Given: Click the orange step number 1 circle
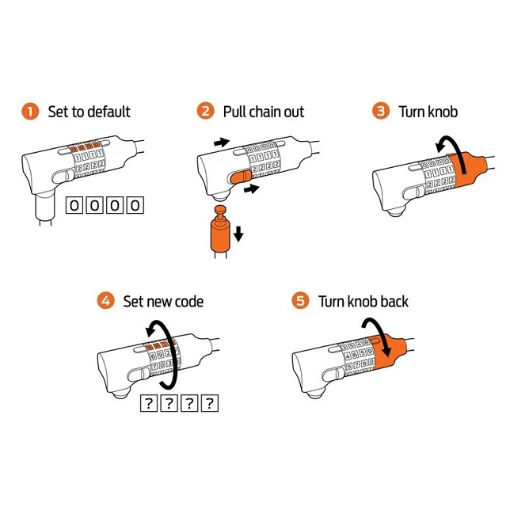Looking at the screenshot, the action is tap(30, 111).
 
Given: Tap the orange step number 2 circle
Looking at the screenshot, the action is tap(206, 111).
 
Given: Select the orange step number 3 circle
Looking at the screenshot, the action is tap(381, 111).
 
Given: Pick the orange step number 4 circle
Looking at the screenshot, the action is tap(105, 301).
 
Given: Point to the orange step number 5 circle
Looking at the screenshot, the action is tap(300, 301).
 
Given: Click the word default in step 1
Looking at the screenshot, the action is tap(108, 112).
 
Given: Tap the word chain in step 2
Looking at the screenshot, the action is tap(261, 112).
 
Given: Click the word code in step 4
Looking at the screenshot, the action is tap(189, 302).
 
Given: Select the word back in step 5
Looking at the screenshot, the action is tap(394, 301).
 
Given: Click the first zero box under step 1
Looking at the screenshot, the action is tap(74, 205).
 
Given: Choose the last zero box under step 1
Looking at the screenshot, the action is tap(135, 205).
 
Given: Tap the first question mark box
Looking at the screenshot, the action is tap(149, 403).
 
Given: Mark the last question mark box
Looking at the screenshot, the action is tap(209, 403).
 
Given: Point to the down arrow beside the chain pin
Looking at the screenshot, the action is tap(238, 234).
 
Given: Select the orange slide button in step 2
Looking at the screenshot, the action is tap(240, 177).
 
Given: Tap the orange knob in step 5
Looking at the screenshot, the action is tap(388, 353).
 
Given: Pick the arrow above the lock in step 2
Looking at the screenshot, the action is tap(222, 142).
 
